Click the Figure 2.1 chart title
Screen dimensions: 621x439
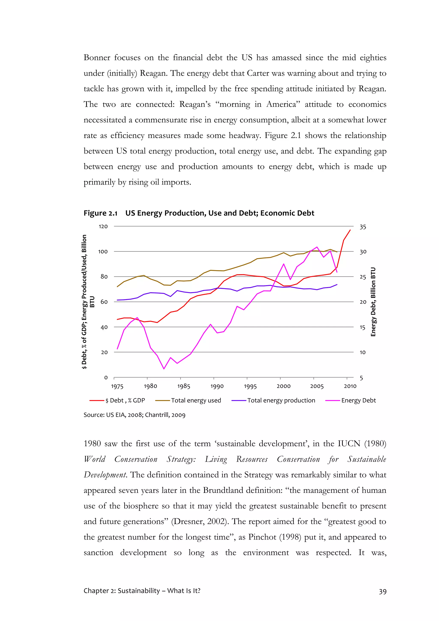[199, 213]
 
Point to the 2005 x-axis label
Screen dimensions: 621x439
[317, 386]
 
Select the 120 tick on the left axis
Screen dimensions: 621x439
[103, 226]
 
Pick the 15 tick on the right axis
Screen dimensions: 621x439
[362, 327]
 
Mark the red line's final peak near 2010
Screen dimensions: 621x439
[350, 230]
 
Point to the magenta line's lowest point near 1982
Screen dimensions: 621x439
[164, 369]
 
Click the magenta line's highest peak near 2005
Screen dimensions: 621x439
[317, 247]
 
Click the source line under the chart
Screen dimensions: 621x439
[134, 415]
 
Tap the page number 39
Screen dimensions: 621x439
[382, 592]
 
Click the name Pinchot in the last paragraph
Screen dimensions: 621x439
[261, 537]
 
